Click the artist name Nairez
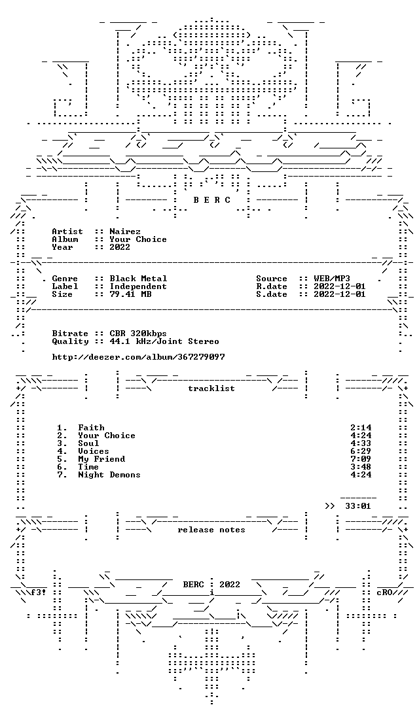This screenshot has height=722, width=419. coord(125,232)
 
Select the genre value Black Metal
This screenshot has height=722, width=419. coord(138,279)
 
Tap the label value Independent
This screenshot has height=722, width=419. coord(138,286)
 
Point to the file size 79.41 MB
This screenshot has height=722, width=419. coord(130,294)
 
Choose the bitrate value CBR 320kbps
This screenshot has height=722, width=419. coord(138,334)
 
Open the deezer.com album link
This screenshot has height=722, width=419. coord(138,357)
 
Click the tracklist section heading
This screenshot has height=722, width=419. coord(211,388)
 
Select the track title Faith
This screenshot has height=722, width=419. coord(91,428)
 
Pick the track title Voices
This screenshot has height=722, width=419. coord(94,451)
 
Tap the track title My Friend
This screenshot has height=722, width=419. coord(101,459)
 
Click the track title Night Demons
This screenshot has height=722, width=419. coord(109,475)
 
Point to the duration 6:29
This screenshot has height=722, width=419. coord(361,451)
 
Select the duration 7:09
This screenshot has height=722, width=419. coord(361,459)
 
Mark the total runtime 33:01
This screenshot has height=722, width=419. coord(358,506)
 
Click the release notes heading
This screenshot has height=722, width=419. coord(211,530)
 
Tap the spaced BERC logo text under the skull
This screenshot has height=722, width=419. coord(211,200)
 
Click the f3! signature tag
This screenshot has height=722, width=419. coord(39,593)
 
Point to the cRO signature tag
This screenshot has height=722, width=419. coord(384,593)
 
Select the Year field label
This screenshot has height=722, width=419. coord(63,247)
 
